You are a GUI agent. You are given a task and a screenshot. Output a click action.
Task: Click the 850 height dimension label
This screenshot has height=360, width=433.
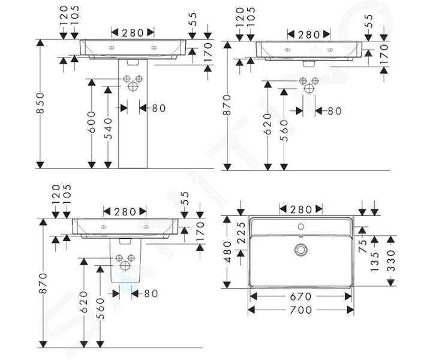tap(41, 103)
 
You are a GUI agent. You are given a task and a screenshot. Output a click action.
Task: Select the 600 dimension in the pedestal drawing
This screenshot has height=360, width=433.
tap(91, 122)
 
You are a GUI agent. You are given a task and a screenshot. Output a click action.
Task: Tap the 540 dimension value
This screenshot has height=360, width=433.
tap(109, 128)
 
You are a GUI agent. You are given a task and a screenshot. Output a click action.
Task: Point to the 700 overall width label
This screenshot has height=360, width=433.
tap(301, 310)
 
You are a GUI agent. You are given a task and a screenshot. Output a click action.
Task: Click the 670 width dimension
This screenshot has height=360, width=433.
tap(301, 297)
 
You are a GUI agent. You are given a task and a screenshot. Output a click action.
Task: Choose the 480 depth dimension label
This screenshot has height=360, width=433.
tap(227, 251)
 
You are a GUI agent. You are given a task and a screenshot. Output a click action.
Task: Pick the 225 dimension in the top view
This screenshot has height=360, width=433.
tap(241, 233)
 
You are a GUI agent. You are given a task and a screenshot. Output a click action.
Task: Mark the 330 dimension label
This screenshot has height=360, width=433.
tap(391, 260)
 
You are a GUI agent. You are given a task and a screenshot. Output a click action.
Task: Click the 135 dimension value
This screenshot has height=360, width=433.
tap(374, 262)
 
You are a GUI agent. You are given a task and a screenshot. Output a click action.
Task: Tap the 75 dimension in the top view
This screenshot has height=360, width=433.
tap(363, 246)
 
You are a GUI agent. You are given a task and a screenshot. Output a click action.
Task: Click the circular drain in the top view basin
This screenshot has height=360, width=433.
tap(301, 250)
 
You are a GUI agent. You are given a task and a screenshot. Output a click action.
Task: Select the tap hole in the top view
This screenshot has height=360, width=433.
tap(301, 227)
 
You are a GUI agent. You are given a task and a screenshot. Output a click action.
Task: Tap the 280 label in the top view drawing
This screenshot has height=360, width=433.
tap(301, 210)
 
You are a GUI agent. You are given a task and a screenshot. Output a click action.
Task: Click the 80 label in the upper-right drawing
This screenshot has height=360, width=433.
tap(335, 111)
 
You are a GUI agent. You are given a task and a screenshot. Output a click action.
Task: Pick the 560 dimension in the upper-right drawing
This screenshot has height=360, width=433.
tap(284, 130)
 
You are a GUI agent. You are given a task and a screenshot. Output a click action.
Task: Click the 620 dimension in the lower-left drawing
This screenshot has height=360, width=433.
tap(84, 302)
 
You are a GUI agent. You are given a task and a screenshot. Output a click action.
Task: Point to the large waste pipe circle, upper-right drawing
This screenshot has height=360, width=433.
tap(309, 88)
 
